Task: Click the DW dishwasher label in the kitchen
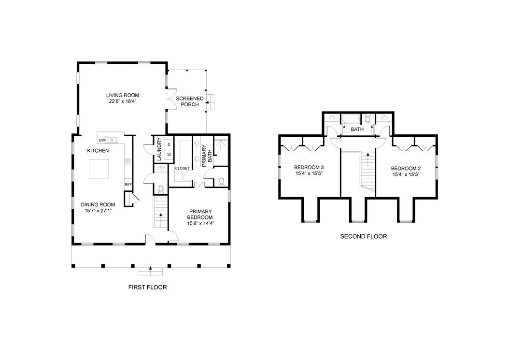tap(102, 140)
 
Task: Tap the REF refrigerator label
tap(128, 185)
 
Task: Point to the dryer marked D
tap(169, 144)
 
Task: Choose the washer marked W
tap(169, 155)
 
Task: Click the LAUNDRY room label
tap(158, 150)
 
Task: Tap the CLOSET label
tap(182, 168)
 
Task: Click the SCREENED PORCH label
tap(187, 101)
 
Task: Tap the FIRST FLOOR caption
tap(147, 287)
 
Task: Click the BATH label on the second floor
tap(357, 130)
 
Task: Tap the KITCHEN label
tap(98, 151)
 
